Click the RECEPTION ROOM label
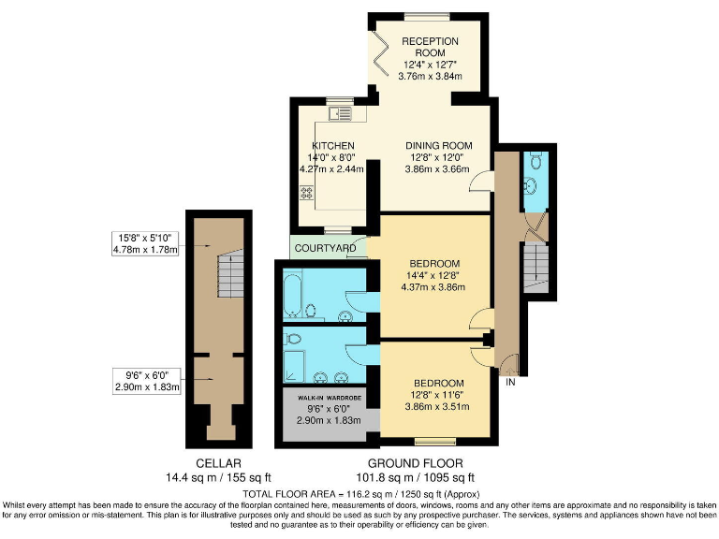430,47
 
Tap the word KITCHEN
332,146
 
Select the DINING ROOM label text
438,146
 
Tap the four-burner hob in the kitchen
306,194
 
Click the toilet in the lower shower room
294,338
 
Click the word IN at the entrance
510,383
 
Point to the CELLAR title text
219,463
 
